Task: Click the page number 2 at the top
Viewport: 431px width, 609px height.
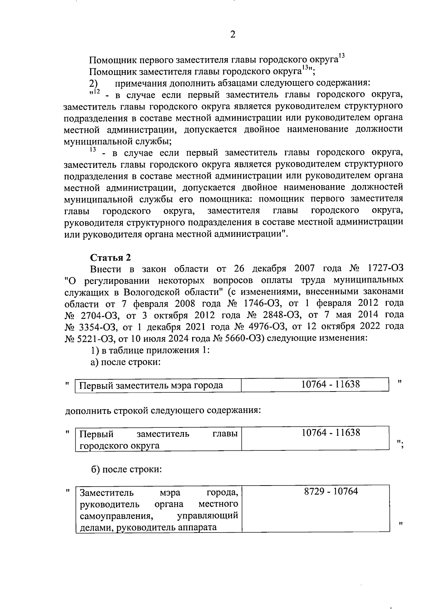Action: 232,35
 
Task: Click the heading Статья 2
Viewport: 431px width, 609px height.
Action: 111,258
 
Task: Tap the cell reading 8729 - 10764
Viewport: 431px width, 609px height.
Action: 331,491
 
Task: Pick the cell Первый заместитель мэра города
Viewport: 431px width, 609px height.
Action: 151,385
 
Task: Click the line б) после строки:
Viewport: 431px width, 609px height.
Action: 126,469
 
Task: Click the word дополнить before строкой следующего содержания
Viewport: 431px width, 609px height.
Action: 87,410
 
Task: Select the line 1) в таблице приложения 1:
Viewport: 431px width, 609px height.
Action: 150,350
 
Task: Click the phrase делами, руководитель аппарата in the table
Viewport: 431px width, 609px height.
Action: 148,528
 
